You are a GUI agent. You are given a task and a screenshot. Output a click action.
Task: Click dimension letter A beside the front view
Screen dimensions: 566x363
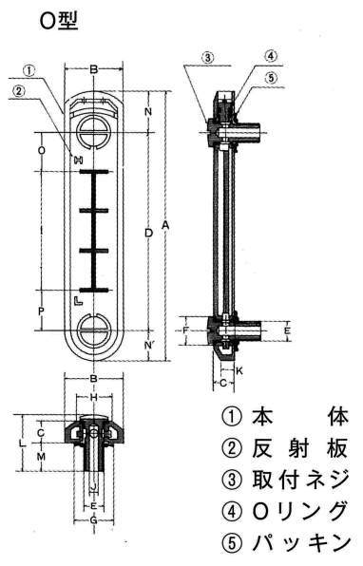tap(165, 224)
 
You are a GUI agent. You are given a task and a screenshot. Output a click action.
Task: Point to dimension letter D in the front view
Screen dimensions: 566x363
tap(147, 232)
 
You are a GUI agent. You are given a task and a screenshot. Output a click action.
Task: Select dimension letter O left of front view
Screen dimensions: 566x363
tap(41, 151)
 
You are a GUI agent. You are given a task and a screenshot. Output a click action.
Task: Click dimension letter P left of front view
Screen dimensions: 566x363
tap(41, 311)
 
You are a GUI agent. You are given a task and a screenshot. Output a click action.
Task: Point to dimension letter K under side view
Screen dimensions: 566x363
tap(239, 368)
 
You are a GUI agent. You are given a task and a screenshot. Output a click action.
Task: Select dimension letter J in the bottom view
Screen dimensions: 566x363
tap(93, 488)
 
